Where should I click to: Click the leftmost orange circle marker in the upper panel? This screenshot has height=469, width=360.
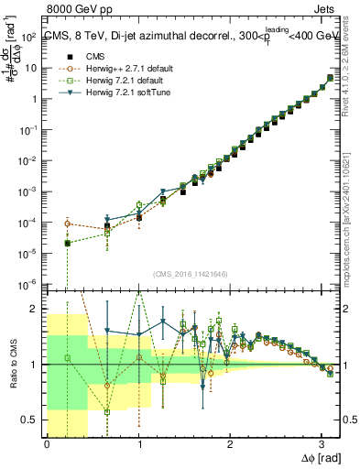click(x=69, y=224)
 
